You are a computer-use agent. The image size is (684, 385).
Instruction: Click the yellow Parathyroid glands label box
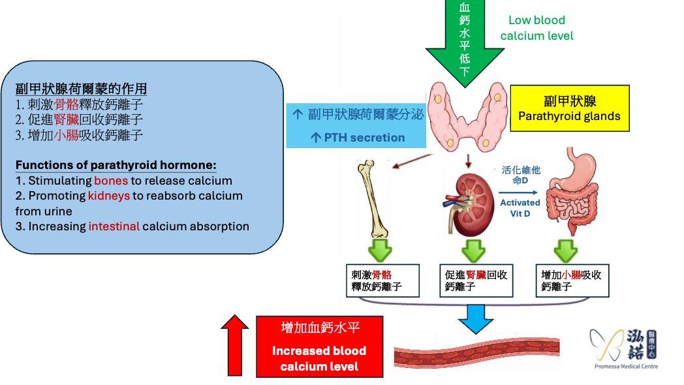pyautogui.click(x=569, y=109)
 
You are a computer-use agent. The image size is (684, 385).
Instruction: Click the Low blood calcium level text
pyautogui.click(x=536, y=28)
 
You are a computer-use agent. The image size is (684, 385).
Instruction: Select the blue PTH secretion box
pyautogui.click(x=356, y=125)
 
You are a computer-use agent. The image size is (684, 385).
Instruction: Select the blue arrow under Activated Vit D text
pyautogui.click(x=518, y=192)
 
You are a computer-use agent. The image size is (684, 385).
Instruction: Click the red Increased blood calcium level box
pyautogui.click(x=319, y=346)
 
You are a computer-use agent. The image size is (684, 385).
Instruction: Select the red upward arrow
pyautogui.click(x=234, y=345)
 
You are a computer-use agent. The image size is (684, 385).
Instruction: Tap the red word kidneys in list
pyautogui.click(x=108, y=196)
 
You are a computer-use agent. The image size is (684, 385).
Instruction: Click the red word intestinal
pyautogui.click(x=114, y=226)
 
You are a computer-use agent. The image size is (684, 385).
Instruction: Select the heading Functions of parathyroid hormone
pyautogui.click(x=116, y=165)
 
